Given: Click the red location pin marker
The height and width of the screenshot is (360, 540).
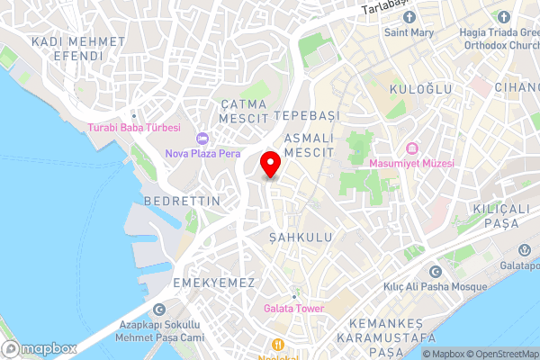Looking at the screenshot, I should click(269, 165).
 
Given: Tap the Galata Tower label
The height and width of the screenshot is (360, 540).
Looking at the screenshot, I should click(293, 309).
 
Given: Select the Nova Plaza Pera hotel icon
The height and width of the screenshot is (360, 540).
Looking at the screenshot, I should click(202, 139).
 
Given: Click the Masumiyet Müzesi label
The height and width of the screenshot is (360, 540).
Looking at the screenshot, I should click(412, 163).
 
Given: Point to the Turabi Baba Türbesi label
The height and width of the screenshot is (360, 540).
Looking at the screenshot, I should click(134, 128).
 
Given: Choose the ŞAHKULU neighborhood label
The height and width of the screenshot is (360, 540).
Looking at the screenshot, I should click(301, 237).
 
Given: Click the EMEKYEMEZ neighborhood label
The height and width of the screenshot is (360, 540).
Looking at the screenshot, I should click(217, 283).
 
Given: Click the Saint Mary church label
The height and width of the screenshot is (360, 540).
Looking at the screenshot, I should click(410, 33).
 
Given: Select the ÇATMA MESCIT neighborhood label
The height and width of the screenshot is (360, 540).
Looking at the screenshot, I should click(243, 111).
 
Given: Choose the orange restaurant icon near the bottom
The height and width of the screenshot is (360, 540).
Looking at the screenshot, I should click(279, 344).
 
